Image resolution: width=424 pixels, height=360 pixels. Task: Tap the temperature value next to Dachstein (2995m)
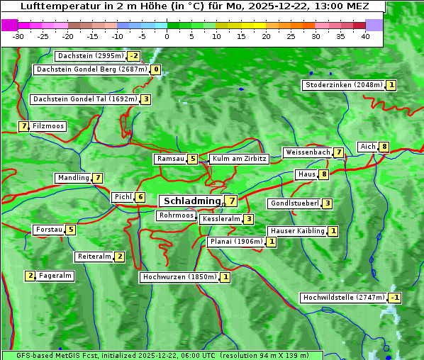tap(134, 56)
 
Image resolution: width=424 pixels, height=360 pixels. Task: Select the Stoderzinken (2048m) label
tap(343, 85)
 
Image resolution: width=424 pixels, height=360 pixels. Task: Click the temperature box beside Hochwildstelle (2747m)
tap(394, 298)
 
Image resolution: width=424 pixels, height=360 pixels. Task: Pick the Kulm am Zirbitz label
tap(239, 159)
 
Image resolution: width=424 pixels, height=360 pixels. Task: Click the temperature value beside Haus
tap(324, 174)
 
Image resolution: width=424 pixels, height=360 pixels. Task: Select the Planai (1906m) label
tap(236, 242)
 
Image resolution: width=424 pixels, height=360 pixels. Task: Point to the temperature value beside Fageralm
tap(30, 276)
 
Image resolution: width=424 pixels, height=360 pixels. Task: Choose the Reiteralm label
tap(94, 257)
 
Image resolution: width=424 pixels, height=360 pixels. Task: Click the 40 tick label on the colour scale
tap(365, 36)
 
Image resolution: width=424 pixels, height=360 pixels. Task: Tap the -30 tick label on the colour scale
tap(18, 36)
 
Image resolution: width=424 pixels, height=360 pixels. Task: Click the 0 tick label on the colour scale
tap(167, 36)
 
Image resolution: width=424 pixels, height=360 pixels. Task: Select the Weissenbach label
tap(307, 152)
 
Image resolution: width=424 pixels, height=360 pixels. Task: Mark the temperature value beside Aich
tap(384, 147)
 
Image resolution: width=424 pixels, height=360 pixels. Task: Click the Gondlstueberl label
tap(294, 203)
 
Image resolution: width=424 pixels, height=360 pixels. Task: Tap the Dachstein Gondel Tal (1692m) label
tap(84, 99)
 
